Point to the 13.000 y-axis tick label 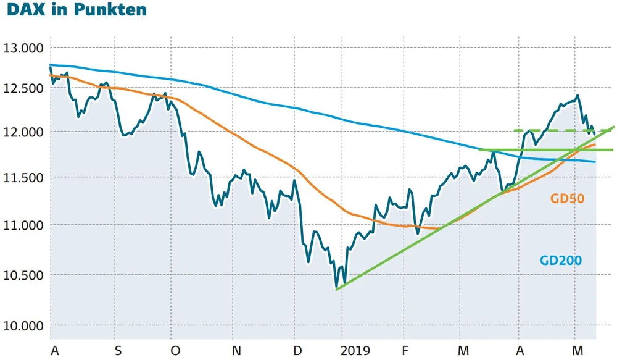point(24,48)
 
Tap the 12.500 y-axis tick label point(24,88)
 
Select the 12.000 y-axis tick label point(24,132)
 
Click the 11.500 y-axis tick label point(24,178)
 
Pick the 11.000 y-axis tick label point(24,225)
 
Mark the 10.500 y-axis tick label point(24,275)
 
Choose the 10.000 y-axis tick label point(24,325)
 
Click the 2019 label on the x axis point(355,351)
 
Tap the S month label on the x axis point(118,351)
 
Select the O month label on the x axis point(175,351)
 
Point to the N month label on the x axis point(235,351)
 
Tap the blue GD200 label point(561,260)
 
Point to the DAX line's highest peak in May point(577,96)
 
